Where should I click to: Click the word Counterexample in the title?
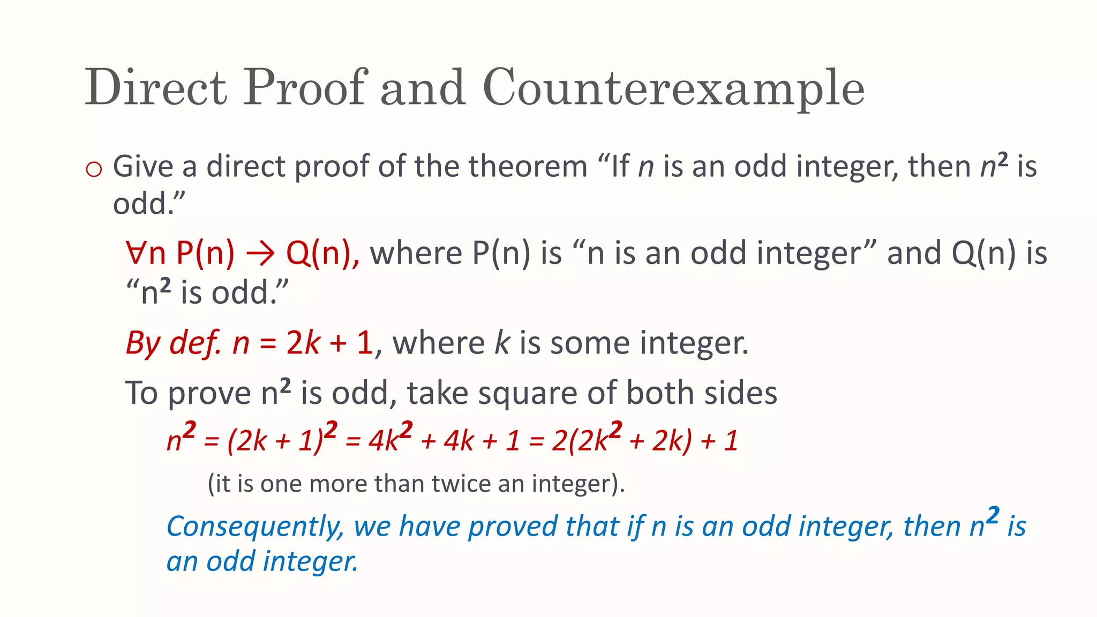coord(673,88)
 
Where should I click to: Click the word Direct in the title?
coord(156,88)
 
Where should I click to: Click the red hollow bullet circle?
coord(94,169)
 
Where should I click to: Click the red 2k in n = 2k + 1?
coord(303,343)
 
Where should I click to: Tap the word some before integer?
coord(591,343)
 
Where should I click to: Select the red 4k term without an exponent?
coord(459,441)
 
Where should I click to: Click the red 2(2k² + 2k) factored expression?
coord(622,440)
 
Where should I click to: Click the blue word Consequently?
coord(255,527)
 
